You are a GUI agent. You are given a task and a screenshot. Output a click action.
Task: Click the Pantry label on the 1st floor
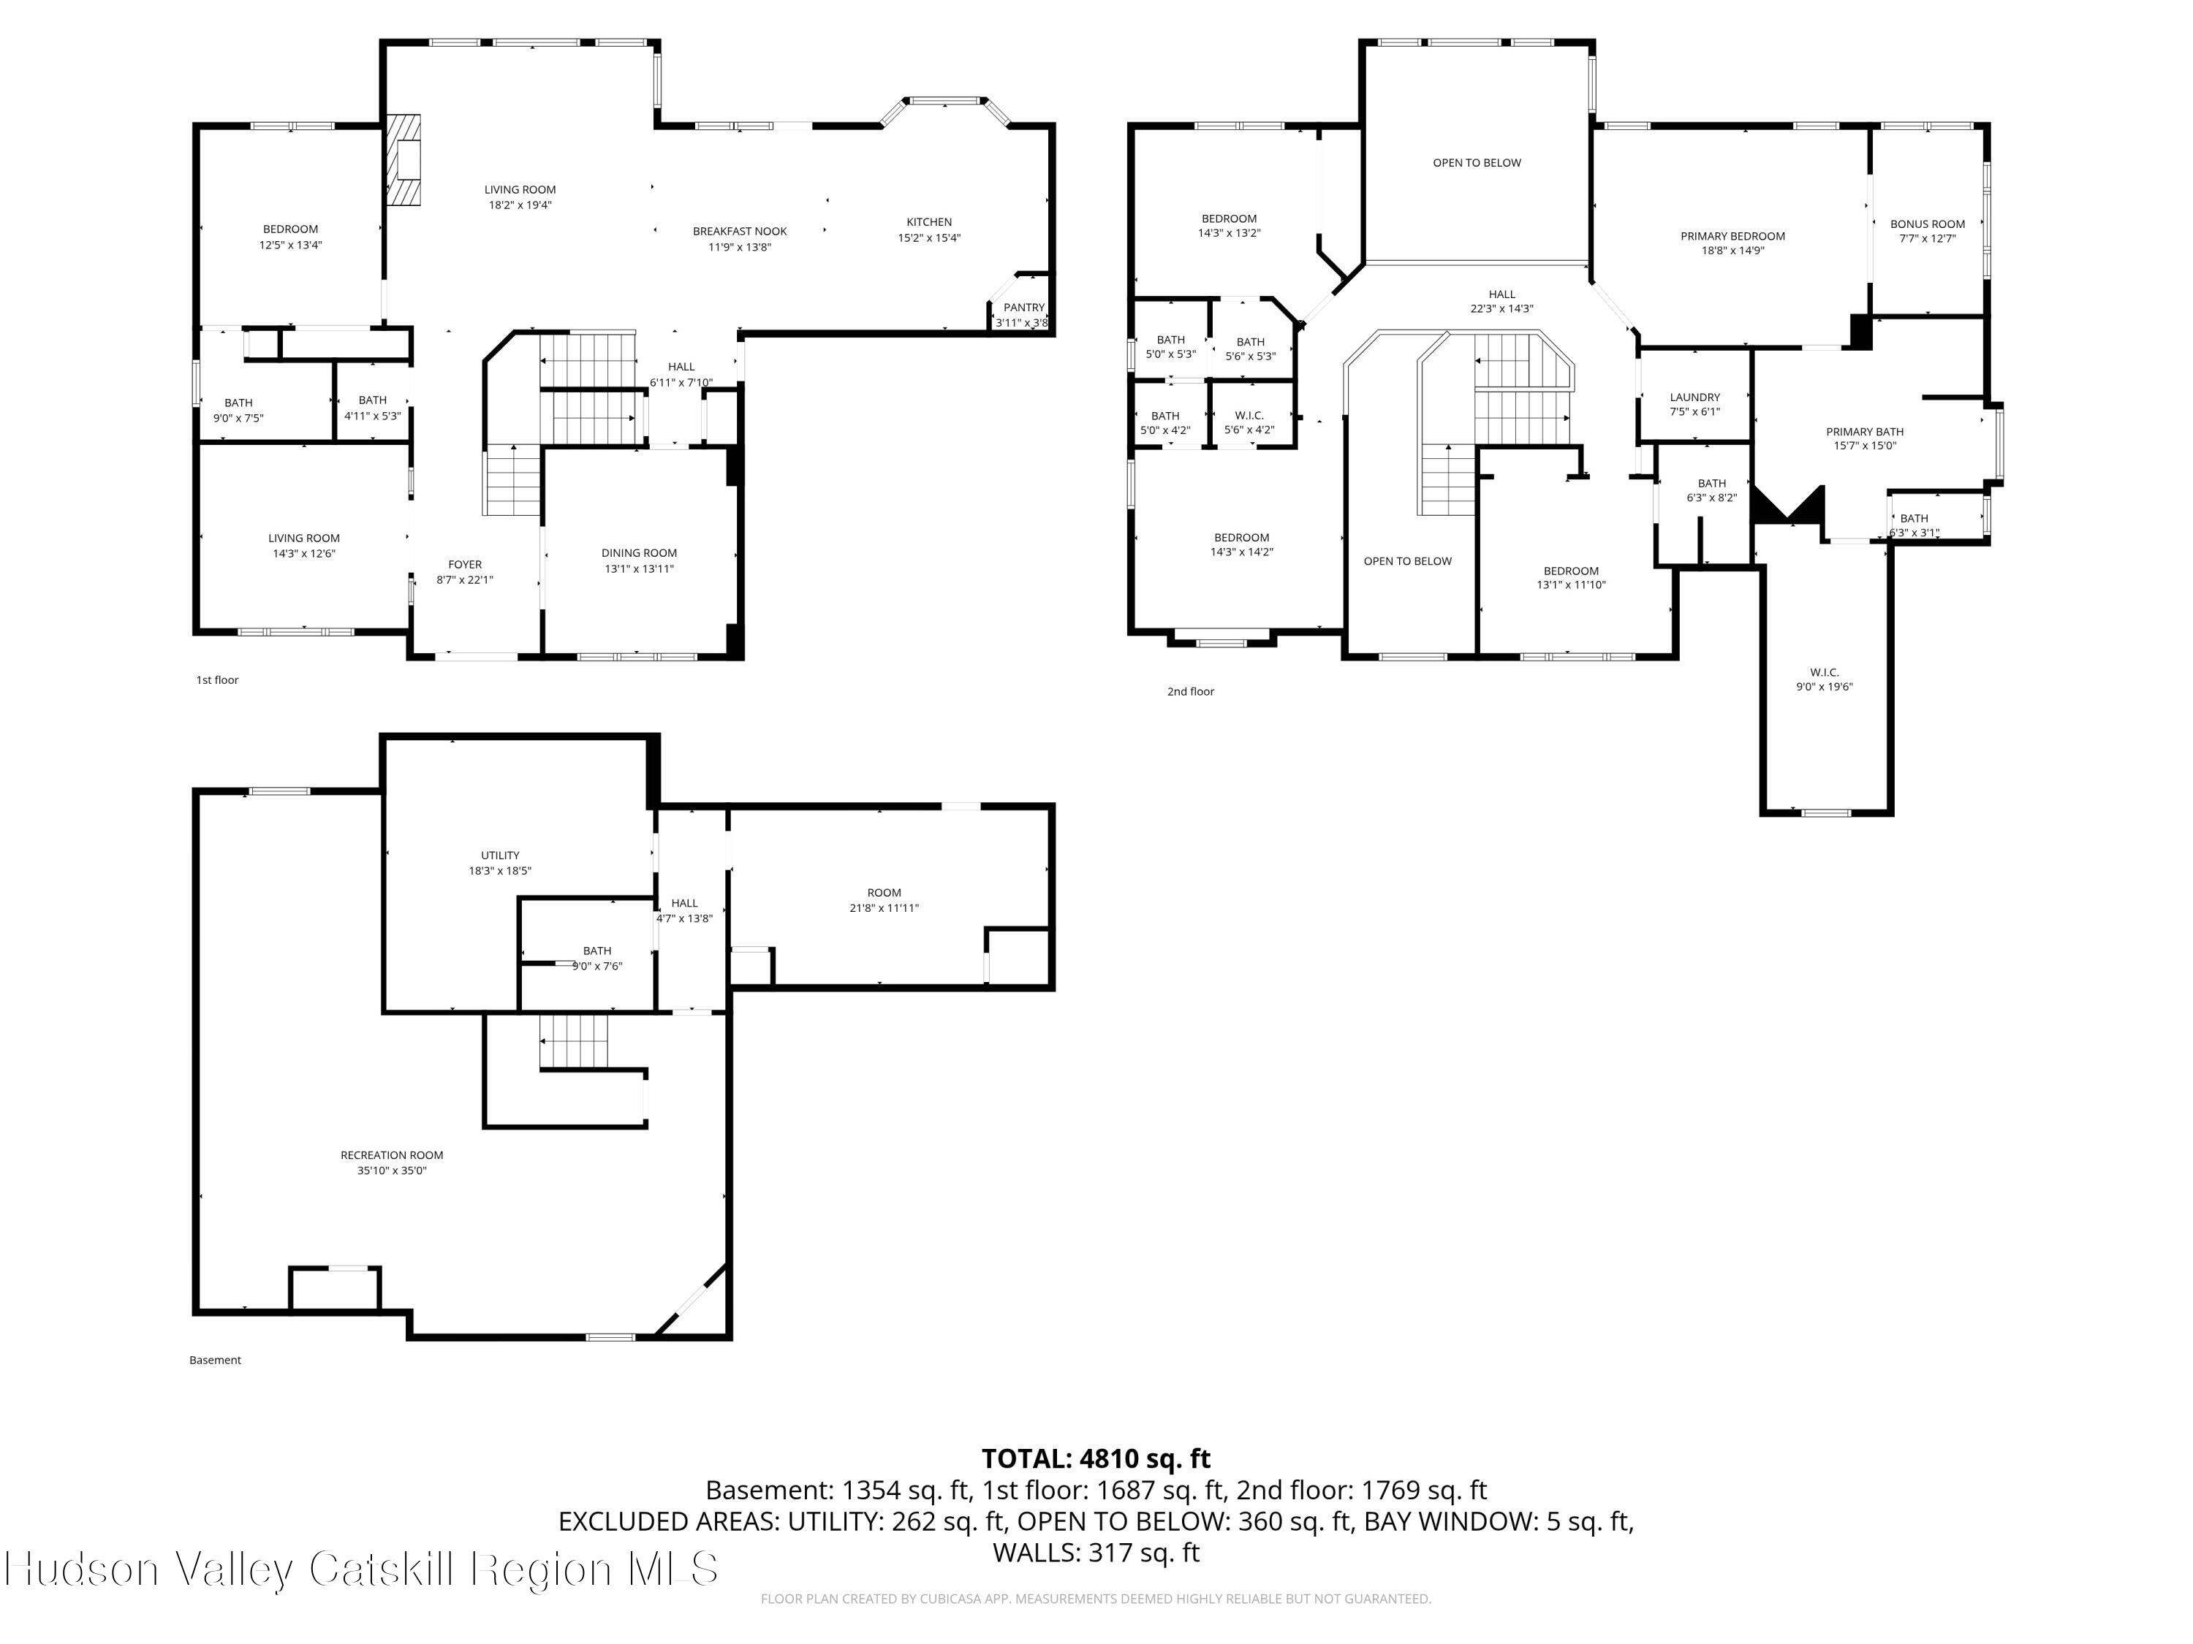tap(1023, 307)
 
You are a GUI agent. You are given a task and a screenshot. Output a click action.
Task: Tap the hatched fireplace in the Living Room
tap(404, 161)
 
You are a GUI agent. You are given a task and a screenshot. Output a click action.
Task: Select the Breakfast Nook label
tap(740, 232)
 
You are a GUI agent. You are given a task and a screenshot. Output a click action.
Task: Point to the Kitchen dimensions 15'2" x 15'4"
tap(929, 237)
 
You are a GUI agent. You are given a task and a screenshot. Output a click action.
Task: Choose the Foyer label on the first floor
tap(464, 565)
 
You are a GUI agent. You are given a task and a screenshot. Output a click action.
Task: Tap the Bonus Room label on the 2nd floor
tap(1928, 225)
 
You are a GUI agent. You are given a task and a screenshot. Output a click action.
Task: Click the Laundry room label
tap(1694, 397)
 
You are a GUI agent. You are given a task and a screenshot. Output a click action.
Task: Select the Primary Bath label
tap(1864, 432)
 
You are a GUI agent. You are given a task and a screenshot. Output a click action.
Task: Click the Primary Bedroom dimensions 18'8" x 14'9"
tap(1733, 251)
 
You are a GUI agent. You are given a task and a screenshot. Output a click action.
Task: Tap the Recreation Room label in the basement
tap(392, 1155)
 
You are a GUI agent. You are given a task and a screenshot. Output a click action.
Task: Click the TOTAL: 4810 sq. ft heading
tap(1096, 1458)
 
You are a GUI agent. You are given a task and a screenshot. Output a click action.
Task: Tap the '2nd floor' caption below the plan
tap(1189, 692)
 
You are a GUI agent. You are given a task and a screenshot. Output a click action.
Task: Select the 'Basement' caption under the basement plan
tap(215, 1361)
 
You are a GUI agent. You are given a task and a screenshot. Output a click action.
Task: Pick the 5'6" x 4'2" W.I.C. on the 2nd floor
tap(1249, 423)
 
